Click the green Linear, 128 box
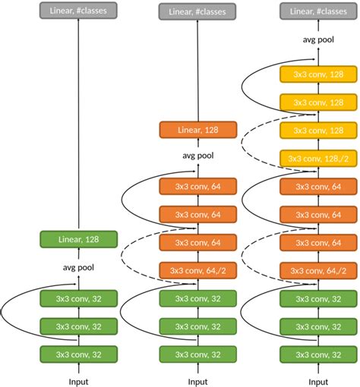[78, 239]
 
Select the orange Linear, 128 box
[198, 130]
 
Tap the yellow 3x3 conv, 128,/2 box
[318, 159]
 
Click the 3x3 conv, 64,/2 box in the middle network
[198, 271]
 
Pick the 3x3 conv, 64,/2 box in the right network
[318, 271]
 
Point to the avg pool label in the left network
[78, 267]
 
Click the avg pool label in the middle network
[198, 156]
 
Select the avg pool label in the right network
[318, 39]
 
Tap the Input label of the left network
[78, 382]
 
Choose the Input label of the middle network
[198, 382]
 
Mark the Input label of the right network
[318, 382]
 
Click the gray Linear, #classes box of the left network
[78, 11]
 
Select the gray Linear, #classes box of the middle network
[197, 11]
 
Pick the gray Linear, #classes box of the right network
[318, 11]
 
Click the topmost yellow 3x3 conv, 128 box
[318, 74]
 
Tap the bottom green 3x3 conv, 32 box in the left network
[78, 354]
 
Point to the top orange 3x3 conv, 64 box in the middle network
[198, 187]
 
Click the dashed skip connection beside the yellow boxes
[242, 143]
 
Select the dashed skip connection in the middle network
[122, 256]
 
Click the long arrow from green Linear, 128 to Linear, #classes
[78, 123]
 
